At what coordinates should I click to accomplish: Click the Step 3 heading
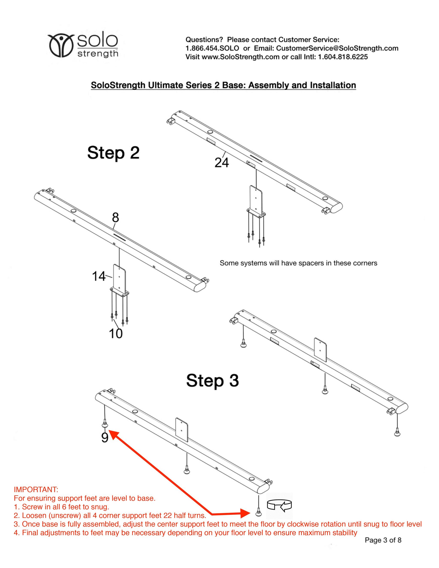[x=212, y=380]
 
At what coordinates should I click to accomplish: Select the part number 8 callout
[x=116, y=217]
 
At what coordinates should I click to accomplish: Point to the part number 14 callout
[x=99, y=276]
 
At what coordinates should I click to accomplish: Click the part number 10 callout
[x=116, y=334]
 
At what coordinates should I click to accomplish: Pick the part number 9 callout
[x=105, y=438]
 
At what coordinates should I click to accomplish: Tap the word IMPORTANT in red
[x=36, y=490]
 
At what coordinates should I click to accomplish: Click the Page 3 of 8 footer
[x=383, y=540]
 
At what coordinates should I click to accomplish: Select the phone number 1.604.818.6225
[x=343, y=57]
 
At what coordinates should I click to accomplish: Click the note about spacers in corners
[x=298, y=263]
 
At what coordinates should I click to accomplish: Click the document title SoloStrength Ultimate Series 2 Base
[x=223, y=85]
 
